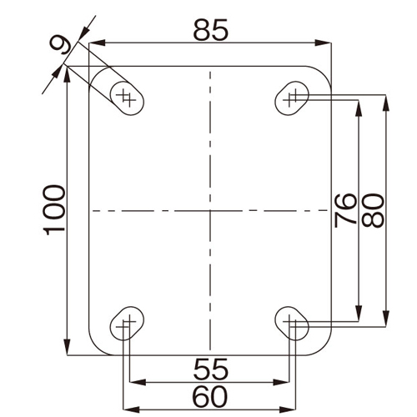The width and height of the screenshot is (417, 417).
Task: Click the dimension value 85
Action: pyautogui.click(x=211, y=30)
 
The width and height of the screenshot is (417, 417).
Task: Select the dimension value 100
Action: pyautogui.click(x=55, y=210)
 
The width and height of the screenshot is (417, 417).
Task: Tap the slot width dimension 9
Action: pyautogui.click(x=62, y=44)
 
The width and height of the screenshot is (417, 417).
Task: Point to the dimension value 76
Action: pyautogui.click(x=345, y=210)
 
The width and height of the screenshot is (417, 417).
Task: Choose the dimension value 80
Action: pyautogui.click(x=373, y=210)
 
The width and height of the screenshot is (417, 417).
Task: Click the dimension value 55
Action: pyautogui.click(x=211, y=369)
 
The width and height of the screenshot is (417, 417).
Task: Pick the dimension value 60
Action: pyautogui.click(x=210, y=397)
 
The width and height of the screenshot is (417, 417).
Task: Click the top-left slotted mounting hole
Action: pyautogui.click(x=127, y=98)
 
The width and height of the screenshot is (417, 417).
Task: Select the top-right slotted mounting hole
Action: pyautogui.click(x=292, y=98)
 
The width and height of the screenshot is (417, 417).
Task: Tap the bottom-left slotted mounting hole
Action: pyautogui.click(x=127, y=324)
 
